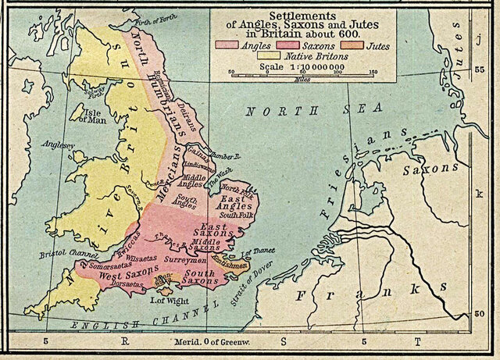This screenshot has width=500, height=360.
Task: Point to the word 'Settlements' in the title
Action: (302, 16)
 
